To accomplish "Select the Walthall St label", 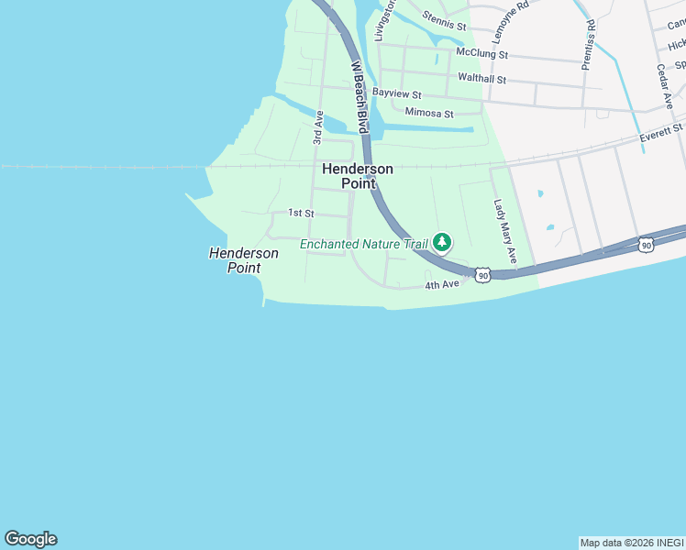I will click(x=481, y=79).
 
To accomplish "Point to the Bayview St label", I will click(x=396, y=94).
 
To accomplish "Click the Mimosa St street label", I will click(x=429, y=114).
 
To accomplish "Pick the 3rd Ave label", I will click(x=318, y=127).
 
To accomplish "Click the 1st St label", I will click(x=301, y=213).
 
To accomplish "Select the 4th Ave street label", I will click(x=441, y=285).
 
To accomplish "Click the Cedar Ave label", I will click(x=665, y=86).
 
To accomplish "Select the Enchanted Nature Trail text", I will click(x=364, y=244).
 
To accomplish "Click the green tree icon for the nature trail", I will click(x=443, y=242).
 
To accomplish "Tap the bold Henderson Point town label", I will click(x=358, y=176).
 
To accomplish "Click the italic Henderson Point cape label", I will click(x=244, y=260).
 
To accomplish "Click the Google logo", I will click(x=30, y=539).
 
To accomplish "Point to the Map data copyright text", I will click(x=632, y=543).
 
